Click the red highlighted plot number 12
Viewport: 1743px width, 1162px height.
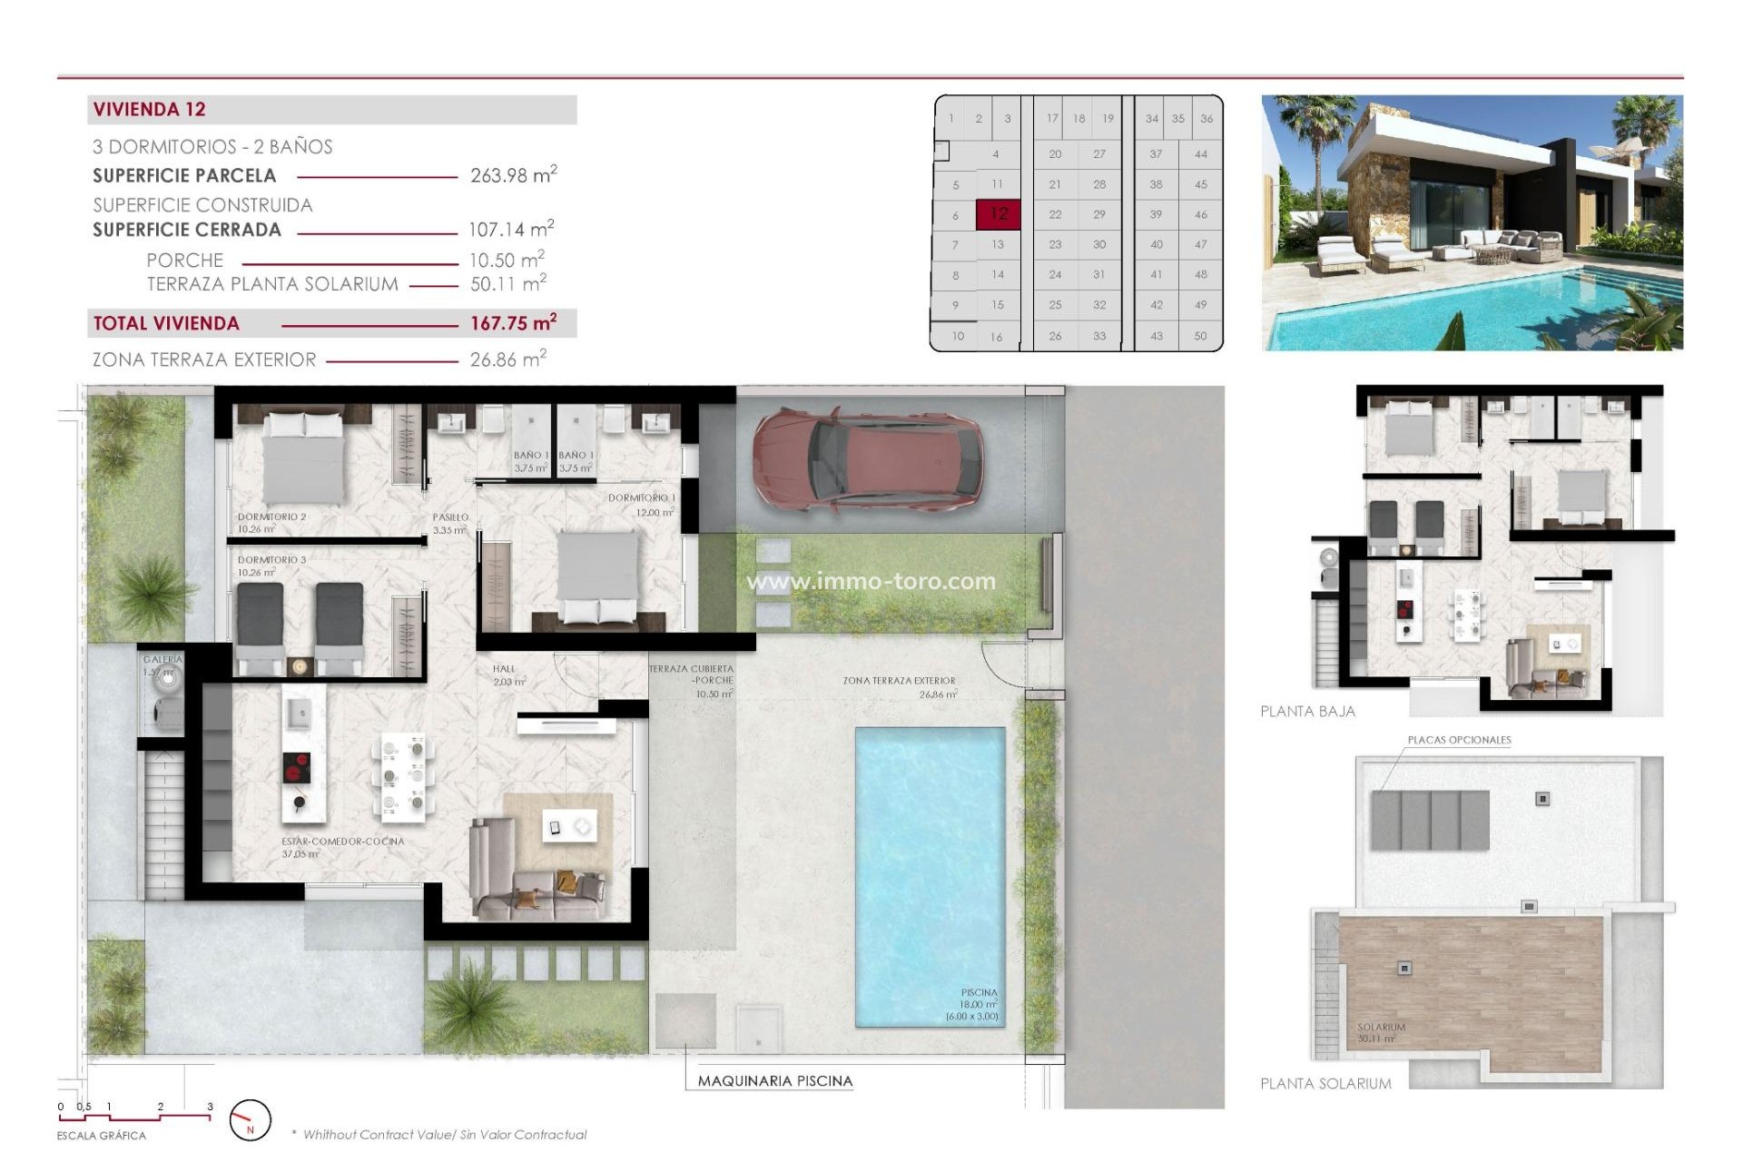pyautogui.click(x=999, y=214)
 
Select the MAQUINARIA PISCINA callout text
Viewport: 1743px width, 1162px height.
pyautogui.click(x=774, y=1080)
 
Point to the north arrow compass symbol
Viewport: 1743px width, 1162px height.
pyautogui.click(x=250, y=1120)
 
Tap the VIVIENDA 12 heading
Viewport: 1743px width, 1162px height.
pyautogui.click(x=150, y=109)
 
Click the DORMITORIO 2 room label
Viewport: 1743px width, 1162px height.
pyautogui.click(x=271, y=517)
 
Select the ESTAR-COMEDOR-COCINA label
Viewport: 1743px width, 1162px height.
pyautogui.click(x=342, y=842)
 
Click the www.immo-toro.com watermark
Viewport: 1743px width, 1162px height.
pyautogui.click(x=871, y=581)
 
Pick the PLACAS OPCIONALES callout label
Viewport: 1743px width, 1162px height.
pyautogui.click(x=1459, y=740)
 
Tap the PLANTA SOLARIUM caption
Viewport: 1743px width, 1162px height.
pyautogui.click(x=1325, y=1083)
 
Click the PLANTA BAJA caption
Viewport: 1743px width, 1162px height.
pyautogui.click(x=1307, y=712)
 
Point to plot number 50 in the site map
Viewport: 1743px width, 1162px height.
pyautogui.click(x=1200, y=336)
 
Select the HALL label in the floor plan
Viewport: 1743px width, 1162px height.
pyautogui.click(x=504, y=669)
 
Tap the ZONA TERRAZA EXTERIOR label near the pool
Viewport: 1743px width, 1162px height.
pyautogui.click(x=899, y=680)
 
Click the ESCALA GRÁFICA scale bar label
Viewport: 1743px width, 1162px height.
pyautogui.click(x=101, y=1136)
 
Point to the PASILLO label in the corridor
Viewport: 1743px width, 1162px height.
pyautogui.click(x=450, y=517)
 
